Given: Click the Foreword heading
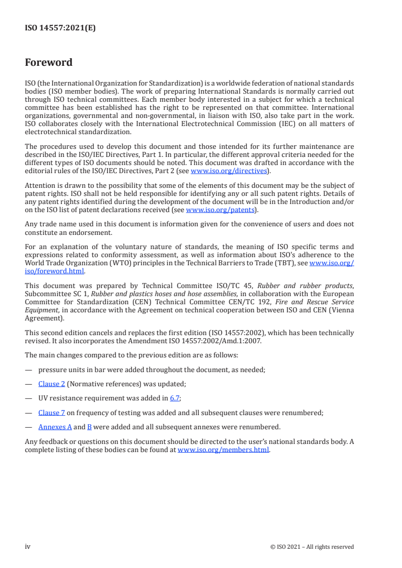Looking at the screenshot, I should pyautogui.click(x=49, y=63).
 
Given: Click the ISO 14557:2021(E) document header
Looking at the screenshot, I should pyautogui.click(x=60, y=28).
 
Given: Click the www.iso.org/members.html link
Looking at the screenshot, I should pyautogui.click(x=223, y=450).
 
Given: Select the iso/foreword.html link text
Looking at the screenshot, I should pyautogui.click(x=54, y=271).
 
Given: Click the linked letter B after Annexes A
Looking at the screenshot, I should pyautogui.click(x=89, y=427).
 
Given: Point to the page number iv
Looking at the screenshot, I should pyautogui.click(x=28, y=547).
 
